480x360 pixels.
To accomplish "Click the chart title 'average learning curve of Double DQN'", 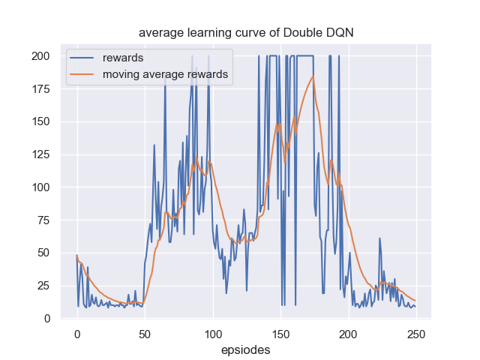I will pyautogui.click(x=245, y=33).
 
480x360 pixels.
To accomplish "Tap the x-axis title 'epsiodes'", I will pyautogui.click(x=245, y=349).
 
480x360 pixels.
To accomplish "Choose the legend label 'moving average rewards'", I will pyautogui.click(x=165, y=74).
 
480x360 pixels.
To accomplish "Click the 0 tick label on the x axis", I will pyautogui.click(x=76, y=333).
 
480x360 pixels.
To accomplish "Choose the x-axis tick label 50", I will pyautogui.click(x=145, y=333).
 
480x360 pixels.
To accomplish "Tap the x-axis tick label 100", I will pyautogui.click(x=212, y=333).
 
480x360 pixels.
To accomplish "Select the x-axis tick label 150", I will pyautogui.click(x=280, y=333).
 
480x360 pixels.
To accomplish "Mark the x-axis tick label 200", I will pyautogui.click(x=348, y=333).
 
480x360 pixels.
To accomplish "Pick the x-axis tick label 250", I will pyautogui.click(x=416, y=333).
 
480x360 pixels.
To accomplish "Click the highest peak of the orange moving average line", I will pyautogui.click(x=313, y=76).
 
